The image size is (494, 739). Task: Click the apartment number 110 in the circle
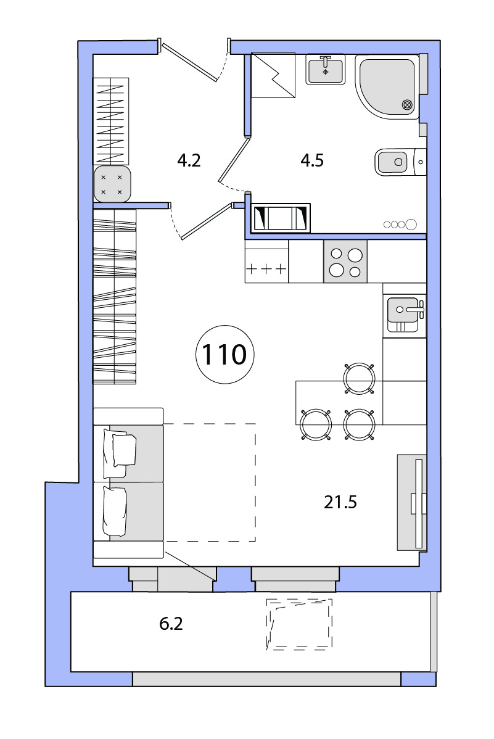click(x=224, y=355)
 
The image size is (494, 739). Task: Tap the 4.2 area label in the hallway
click(x=189, y=161)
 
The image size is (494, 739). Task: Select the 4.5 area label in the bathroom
click(x=312, y=161)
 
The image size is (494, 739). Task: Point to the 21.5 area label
click(x=340, y=502)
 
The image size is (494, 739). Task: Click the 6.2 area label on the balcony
click(x=171, y=624)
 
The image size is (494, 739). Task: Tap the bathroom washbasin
click(x=325, y=69)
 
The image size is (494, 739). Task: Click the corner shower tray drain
click(x=408, y=105)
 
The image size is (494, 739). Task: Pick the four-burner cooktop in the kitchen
click(x=345, y=262)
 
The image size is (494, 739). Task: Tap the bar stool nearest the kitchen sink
click(x=359, y=379)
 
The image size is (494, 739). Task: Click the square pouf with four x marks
click(x=112, y=184)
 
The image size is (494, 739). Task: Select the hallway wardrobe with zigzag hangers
click(x=111, y=121)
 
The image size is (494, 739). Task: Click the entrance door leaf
click(x=189, y=61)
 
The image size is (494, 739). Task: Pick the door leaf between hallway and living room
click(x=207, y=221)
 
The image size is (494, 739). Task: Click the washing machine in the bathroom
click(x=281, y=218)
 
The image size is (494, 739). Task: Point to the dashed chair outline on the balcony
click(x=299, y=624)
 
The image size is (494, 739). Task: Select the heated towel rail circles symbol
click(x=400, y=225)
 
